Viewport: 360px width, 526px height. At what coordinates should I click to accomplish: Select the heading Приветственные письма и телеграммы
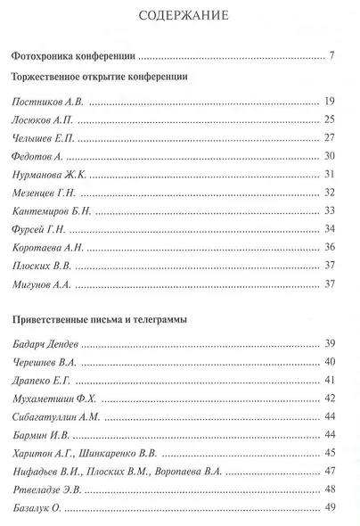point(100,320)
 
